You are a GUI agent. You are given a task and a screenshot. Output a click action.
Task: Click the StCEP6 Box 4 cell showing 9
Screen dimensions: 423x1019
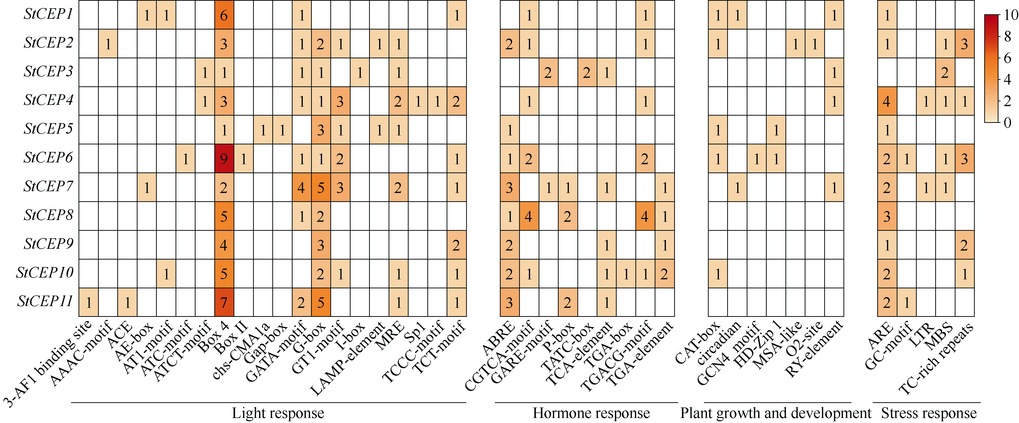[224, 158]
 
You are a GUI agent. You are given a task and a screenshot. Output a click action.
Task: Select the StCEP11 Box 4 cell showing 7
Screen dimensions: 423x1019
[224, 302]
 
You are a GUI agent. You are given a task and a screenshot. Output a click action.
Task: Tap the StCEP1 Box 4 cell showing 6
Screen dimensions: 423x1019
[224, 15]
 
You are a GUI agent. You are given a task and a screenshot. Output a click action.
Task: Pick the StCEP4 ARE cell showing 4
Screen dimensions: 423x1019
[887, 101]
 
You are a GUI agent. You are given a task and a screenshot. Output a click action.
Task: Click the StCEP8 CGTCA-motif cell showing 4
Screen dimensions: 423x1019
[529, 216]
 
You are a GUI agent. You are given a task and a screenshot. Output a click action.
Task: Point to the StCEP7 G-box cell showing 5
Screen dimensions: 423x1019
[321, 187]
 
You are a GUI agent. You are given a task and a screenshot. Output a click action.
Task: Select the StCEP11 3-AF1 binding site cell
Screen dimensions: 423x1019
[88, 302]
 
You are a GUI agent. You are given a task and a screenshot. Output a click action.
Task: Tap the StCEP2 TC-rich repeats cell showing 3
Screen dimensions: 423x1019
[964, 44]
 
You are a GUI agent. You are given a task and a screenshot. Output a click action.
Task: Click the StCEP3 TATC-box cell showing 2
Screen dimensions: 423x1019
[587, 72]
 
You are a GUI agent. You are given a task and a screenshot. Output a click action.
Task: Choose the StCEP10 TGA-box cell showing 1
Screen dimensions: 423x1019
[626, 273]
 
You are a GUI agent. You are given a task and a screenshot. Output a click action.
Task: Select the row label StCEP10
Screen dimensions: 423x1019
[45, 273]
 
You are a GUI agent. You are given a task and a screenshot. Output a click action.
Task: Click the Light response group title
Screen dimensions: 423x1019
[278, 413]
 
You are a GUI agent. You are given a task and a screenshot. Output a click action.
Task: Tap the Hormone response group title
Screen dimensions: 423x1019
[591, 413]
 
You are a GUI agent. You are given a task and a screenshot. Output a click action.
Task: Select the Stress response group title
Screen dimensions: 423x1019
[929, 413]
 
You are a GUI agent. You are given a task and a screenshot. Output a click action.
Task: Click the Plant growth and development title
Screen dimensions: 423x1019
[775, 413]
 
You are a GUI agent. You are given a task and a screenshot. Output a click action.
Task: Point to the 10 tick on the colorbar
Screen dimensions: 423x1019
[1011, 15]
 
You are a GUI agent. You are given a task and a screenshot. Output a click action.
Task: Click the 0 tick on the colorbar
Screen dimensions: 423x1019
[1007, 123]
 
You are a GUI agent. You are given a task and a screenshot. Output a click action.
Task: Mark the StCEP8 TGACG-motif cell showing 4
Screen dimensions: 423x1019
[645, 216]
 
